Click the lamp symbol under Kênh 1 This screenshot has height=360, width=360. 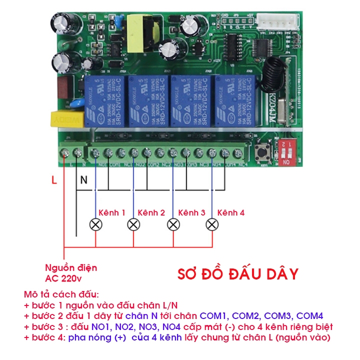(x=94, y=224)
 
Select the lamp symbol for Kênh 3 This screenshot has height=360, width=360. (x=173, y=224)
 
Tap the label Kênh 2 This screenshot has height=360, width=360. (x=151, y=212)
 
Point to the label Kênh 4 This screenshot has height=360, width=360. (x=231, y=212)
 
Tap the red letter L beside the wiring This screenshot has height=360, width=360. (x=54, y=180)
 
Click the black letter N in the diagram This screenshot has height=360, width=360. (x=84, y=180)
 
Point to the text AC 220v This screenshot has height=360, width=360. (x=63, y=278)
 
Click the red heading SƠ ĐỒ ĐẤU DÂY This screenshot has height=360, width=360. (x=238, y=274)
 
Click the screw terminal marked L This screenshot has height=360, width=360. (x=65, y=152)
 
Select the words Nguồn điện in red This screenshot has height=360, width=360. (x=71, y=267)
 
